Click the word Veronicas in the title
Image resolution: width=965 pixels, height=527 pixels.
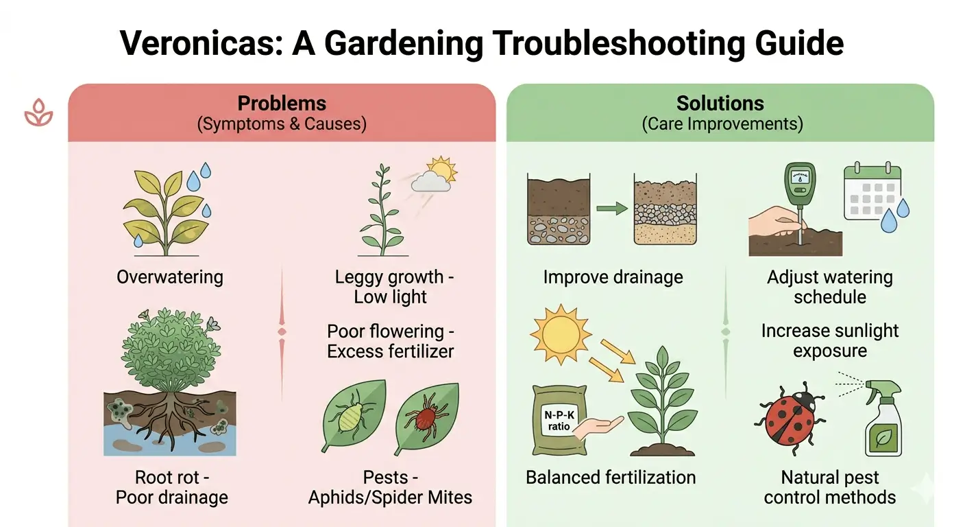(x=201, y=43)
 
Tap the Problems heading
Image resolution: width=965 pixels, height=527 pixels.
(x=282, y=104)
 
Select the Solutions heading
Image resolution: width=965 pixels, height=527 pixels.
(x=720, y=104)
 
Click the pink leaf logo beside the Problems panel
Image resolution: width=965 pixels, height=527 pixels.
(x=38, y=113)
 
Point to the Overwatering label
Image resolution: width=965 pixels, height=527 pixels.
(x=170, y=277)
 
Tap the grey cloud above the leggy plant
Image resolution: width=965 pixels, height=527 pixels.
(x=431, y=182)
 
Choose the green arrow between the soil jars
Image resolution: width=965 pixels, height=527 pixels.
(x=612, y=209)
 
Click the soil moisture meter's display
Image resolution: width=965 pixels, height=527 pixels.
(x=801, y=177)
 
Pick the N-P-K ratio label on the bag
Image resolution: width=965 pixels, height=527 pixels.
(x=559, y=421)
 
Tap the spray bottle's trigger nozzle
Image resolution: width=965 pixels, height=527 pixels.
(x=883, y=389)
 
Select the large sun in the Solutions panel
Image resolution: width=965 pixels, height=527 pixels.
(x=561, y=335)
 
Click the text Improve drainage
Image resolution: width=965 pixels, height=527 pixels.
(x=613, y=277)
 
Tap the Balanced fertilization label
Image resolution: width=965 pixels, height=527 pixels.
(x=611, y=478)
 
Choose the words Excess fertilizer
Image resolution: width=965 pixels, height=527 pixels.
(x=390, y=351)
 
